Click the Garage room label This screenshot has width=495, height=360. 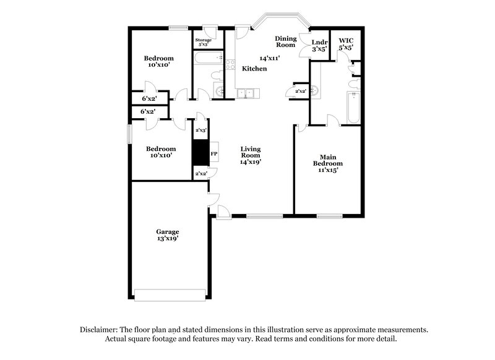pos(167,231)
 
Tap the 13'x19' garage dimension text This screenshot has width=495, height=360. pos(167,238)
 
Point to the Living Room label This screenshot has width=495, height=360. pos(251,149)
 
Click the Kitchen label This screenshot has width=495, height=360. pos(254,69)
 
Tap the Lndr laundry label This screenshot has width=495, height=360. pos(319,42)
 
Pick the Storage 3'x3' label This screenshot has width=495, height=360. pos(204,42)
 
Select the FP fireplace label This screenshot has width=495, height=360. pos(214,153)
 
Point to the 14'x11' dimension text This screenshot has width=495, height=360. pos(270,58)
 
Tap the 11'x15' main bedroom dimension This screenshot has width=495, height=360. pos(328,170)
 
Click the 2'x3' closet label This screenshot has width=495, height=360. pos(200,131)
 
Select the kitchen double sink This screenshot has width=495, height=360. pos(249,94)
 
